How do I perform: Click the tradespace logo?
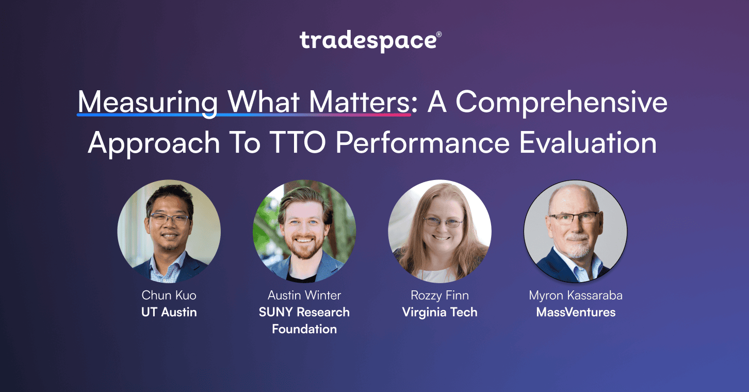tap(370, 41)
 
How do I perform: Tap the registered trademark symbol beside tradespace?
tap(439, 34)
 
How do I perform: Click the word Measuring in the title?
tap(148, 102)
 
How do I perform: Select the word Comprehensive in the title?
tap(561, 102)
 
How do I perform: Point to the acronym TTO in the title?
tap(297, 143)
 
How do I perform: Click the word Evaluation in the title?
tap(588, 143)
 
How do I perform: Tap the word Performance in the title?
tap(422, 143)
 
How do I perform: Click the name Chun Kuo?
tap(169, 296)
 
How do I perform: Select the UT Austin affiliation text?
tap(169, 312)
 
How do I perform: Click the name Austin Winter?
tap(304, 296)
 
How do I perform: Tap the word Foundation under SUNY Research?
tap(304, 329)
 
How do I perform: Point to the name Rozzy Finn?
tap(439, 296)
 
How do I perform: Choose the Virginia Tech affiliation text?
tap(439, 313)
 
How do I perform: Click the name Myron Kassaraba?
tap(576, 296)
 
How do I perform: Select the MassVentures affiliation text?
tap(576, 312)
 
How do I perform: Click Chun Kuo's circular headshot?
tap(169, 232)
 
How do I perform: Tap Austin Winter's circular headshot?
tap(304, 232)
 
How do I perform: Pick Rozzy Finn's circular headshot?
tap(439, 232)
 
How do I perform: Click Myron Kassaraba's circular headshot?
tap(576, 232)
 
